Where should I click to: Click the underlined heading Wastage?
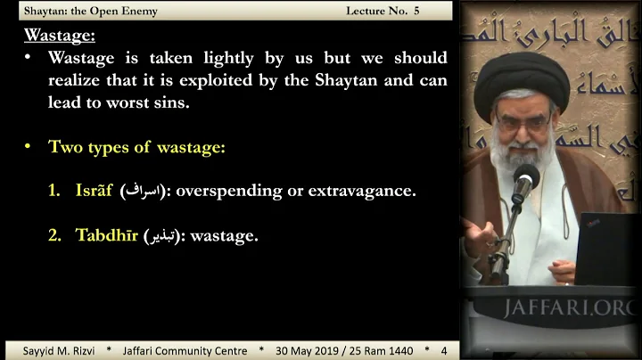[60, 36]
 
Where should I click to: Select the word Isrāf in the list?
[95, 191]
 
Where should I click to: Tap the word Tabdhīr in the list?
[106, 235]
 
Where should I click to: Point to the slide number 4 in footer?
[443, 350]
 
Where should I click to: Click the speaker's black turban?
[522, 85]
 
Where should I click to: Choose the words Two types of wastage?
[136, 147]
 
